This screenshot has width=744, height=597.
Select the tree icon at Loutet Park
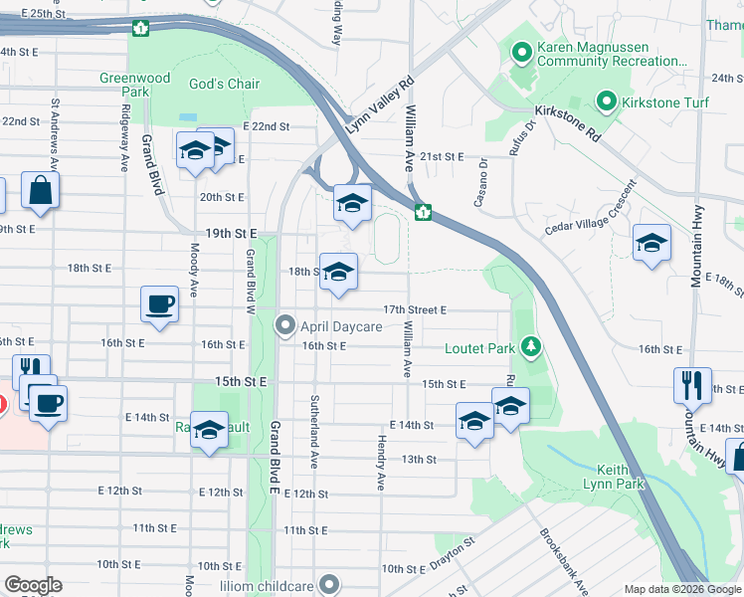[x=533, y=346]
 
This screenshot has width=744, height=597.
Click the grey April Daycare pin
[x=286, y=325]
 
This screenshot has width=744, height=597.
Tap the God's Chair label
[x=229, y=85]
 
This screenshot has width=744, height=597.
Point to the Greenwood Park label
[x=134, y=85]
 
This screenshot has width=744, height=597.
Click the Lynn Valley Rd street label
[x=378, y=108]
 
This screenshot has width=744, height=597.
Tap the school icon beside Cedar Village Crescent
[x=651, y=243]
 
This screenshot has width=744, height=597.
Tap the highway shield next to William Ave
[x=423, y=211]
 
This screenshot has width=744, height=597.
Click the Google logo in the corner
[x=33, y=585]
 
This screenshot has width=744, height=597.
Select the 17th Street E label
[x=415, y=309]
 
